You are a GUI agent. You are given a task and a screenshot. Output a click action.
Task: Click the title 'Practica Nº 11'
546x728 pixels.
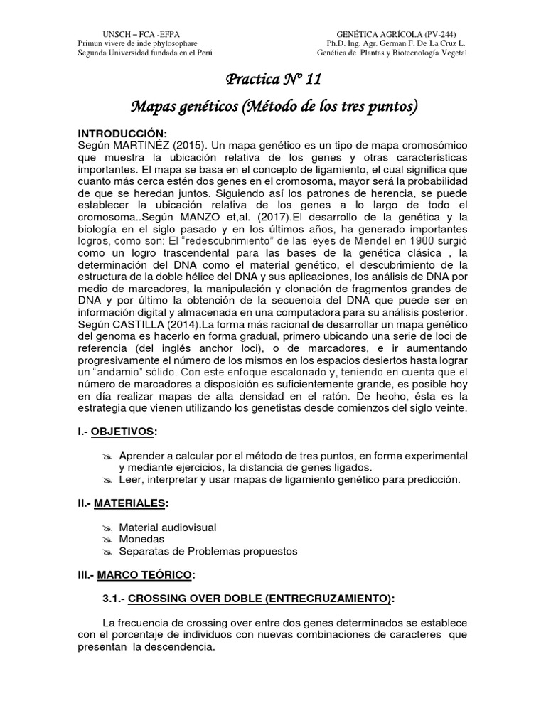tap(273, 79)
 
